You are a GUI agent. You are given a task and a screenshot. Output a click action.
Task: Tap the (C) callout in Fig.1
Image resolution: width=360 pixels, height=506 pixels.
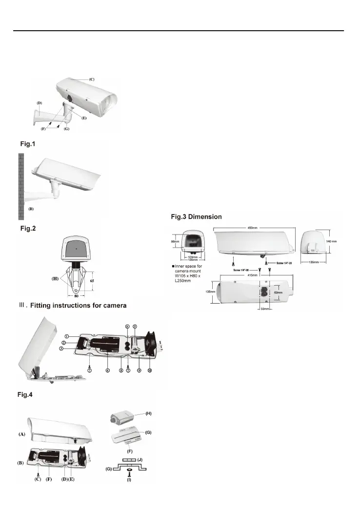click(x=92, y=79)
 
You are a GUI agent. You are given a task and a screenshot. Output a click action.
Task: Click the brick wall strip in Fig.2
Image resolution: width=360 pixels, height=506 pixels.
click(x=21, y=186)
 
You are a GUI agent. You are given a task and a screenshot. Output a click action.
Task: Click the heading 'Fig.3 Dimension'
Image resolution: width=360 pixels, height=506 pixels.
click(x=196, y=216)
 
